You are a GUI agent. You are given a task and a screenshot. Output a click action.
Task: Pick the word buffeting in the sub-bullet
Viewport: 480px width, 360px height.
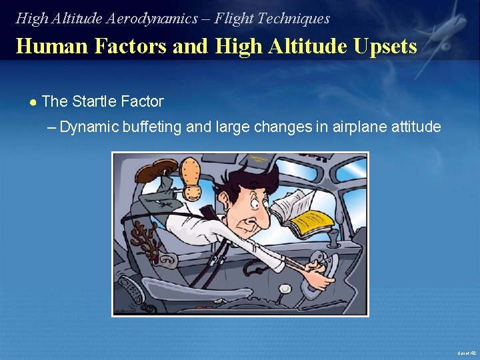pos(150,127)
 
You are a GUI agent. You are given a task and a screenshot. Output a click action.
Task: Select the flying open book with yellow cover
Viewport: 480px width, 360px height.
pos(307,213)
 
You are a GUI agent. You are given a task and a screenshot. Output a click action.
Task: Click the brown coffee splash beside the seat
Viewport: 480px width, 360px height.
pos(145,237)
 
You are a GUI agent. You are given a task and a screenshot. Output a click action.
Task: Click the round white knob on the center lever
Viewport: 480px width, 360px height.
pos(285,289)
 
